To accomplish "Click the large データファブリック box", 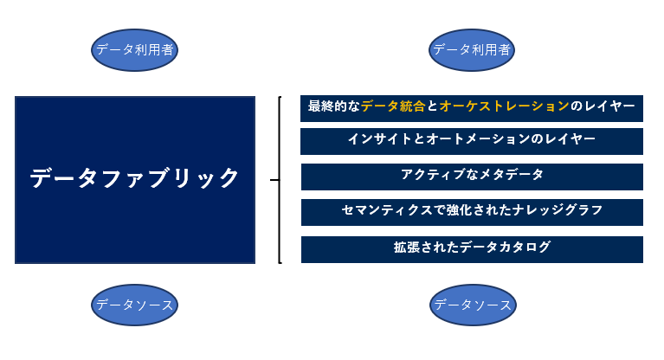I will tap(135, 179).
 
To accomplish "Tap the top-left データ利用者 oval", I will tap(134, 50).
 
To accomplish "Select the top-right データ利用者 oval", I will tap(472, 50).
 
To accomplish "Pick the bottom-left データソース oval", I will tap(134, 305).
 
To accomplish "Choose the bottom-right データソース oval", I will tap(473, 305).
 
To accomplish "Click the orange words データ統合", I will tap(393, 106).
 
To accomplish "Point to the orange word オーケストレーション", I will tap(504, 106).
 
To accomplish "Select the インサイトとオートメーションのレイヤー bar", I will tap(472, 140).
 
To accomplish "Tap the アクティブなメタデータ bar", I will tap(472, 176).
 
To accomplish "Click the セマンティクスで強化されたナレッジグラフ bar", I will tap(472, 211).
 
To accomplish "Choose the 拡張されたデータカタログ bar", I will tap(472, 248).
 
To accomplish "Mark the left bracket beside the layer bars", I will tap(280, 179).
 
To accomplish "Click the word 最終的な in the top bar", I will tap(334, 106).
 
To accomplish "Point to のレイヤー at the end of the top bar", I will tap(603, 106).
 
